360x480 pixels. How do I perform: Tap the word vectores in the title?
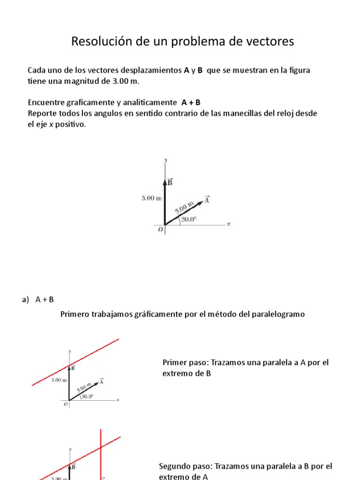(271, 41)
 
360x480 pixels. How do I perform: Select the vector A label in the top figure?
(207, 199)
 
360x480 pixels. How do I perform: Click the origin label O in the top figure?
(160, 230)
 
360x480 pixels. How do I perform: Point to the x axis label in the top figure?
(229, 224)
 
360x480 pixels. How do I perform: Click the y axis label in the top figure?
(165, 160)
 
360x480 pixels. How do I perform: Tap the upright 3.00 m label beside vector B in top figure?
(151, 198)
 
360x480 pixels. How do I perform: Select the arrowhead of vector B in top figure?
(165, 180)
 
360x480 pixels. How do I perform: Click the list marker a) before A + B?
(25, 300)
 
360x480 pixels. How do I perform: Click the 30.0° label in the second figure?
(87, 397)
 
